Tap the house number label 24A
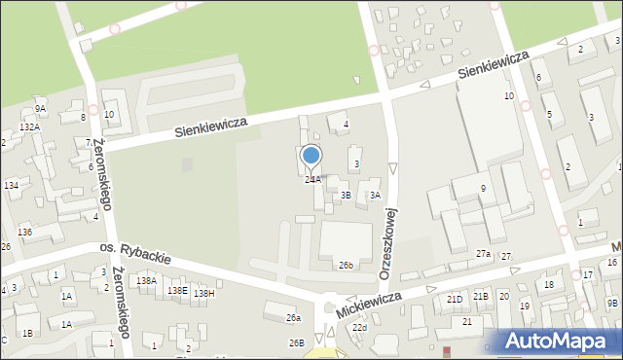point(312,180)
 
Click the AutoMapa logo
point(560,341)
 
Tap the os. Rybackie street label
point(135,254)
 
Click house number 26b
point(346,265)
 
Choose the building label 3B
point(345,195)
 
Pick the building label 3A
point(375,195)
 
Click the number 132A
point(30,127)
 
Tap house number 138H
point(203,293)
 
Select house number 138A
point(146,280)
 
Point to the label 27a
point(483,254)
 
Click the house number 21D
point(455,299)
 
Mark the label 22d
point(360,328)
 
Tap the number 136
point(25,232)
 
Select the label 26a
point(293,318)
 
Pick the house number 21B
point(480,296)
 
